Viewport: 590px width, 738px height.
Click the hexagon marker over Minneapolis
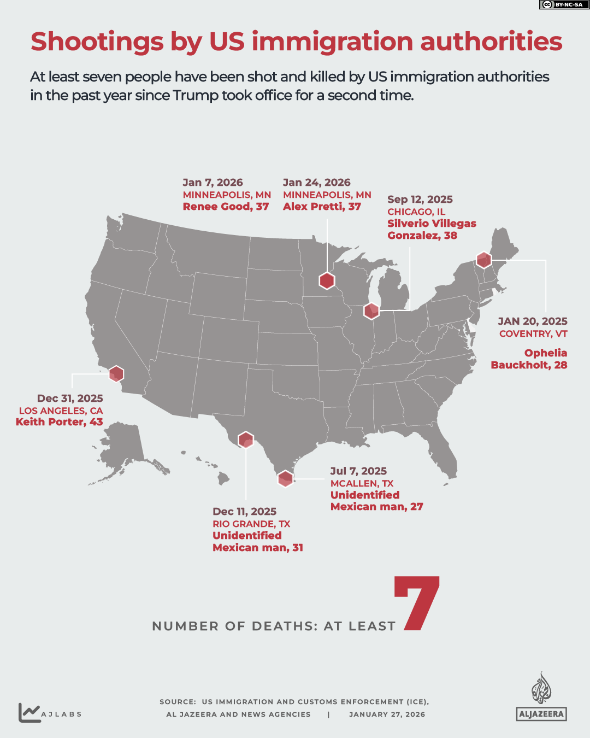pyautogui.click(x=327, y=280)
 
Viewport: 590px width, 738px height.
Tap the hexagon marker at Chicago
pyautogui.click(x=371, y=311)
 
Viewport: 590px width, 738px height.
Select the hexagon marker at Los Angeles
pyautogui.click(x=116, y=374)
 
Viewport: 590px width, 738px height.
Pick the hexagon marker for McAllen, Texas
pyautogui.click(x=285, y=478)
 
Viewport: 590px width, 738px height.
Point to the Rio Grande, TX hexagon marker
pyautogui.click(x=246, y=440)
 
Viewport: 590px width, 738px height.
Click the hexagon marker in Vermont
pyautogui.click(x=483, y=260)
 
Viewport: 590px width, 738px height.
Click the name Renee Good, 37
pyautogui.click(x=226, y=207)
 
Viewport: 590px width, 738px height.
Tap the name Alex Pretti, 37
pyautogui.click(x=322, y=207)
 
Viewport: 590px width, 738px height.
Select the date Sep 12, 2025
pyautogui.click(x=420, y=200)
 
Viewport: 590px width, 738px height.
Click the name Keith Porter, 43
pyautogui.click(x=59, y=422)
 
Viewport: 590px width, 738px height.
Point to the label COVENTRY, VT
pyautogui.click(x=533, y=333)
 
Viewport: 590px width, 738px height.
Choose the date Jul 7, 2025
pyautogui.click(x=358, y=471)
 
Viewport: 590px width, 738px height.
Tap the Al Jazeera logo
pyautogui.click(x=541, y=697)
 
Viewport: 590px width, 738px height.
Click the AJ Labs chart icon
pyautogui.click(x=29, y=712)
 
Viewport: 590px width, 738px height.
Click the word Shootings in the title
pyautogui.click(x=97, y=42)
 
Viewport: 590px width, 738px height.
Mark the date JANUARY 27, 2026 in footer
pyautogui.click(x=387, y=714)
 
